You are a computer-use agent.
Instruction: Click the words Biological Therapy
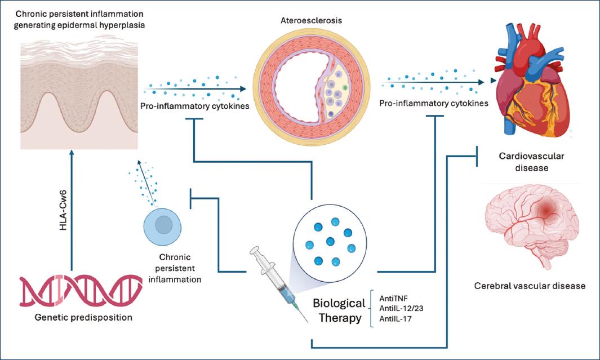coord(339,310)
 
